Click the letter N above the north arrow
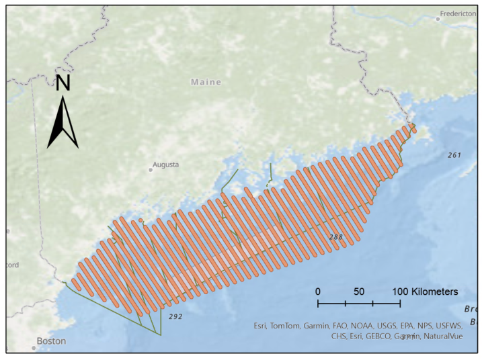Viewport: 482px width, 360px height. [63, 83]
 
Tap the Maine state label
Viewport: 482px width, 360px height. [206, 82]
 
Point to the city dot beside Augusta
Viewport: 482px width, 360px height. [151, 170]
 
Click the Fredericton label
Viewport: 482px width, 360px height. [459, 13]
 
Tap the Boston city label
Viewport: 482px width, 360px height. [51, 341]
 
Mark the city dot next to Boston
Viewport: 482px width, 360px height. [33, 348]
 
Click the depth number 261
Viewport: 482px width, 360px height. [454, 155]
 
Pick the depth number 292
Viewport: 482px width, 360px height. [175, 315]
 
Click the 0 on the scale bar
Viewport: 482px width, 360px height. [318, 292]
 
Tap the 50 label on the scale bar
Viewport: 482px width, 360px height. [359, 292]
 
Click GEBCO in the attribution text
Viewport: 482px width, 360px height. [382, 336]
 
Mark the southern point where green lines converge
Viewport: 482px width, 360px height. [160, 334]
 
